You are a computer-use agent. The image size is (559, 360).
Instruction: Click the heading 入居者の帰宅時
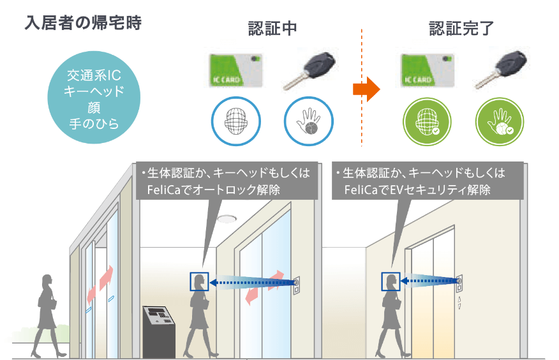click(83, 22)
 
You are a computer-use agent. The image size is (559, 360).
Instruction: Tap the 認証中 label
click(272, 29)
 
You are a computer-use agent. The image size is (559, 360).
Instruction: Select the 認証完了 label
click(461, 28)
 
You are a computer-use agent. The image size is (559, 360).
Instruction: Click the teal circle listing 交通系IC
click(94, 97)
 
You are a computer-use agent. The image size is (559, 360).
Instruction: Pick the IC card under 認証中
click(235, 71)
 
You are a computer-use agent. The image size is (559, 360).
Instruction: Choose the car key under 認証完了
click(502, 70)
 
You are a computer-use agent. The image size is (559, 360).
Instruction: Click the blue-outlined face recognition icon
click(235, 121)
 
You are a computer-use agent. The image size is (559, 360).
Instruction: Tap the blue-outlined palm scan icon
click(309, 121)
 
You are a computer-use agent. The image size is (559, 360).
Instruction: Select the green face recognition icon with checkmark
click(427, 121)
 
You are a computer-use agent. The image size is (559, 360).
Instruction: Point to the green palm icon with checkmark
click(500, 121)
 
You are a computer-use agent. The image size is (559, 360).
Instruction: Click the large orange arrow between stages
click(366, 89)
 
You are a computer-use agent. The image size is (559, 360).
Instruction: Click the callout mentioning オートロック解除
click(227, 181)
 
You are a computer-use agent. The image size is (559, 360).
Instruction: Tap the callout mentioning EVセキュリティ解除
click(428, 181)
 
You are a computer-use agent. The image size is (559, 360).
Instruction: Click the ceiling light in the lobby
click(227, 218)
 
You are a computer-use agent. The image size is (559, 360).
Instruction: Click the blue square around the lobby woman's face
click(199, 281)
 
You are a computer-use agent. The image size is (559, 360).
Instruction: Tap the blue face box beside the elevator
click(391, 281)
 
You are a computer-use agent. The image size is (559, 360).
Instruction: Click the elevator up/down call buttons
click(459, 303)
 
